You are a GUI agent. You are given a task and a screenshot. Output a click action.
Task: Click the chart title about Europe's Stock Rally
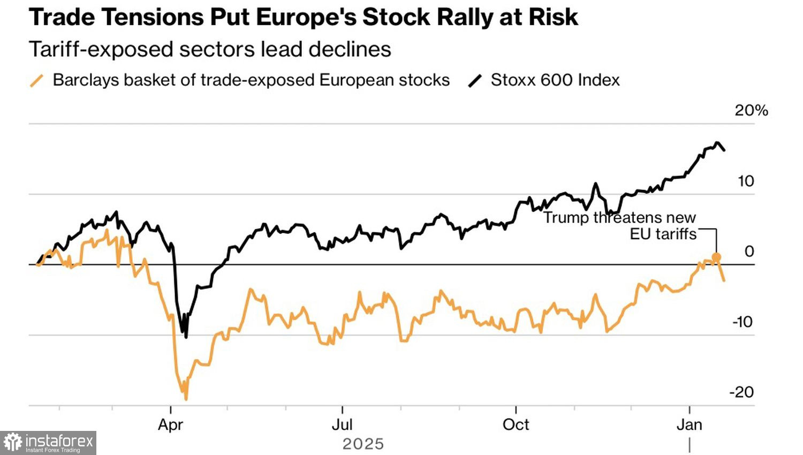pos(303,17)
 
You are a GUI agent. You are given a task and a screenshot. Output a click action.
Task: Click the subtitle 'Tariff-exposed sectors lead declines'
pos(209,49)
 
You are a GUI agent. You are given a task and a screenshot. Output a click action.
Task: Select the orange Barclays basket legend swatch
pos(36,81)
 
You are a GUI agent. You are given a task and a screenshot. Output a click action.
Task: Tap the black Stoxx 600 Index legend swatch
pos(475,81)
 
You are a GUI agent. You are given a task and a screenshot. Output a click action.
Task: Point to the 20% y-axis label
pos(751,110)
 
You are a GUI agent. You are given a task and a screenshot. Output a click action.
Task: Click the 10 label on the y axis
pos(745,181)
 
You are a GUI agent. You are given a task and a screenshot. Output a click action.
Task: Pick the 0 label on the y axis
pos(749,251)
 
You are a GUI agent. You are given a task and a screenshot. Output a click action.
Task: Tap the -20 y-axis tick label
pos(741,392)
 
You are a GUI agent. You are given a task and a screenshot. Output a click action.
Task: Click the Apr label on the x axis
pos(170,424)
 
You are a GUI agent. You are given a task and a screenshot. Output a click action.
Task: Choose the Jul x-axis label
pos(342,424)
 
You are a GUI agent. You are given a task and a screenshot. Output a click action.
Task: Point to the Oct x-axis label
pos(516,424)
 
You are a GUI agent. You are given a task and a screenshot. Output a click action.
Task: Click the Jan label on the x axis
pos(689,424)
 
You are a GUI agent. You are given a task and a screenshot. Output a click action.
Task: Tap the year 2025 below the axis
pos(363,444)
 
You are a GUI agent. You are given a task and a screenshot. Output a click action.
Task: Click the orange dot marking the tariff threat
pos(716,257)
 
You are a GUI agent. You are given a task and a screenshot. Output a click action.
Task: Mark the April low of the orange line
pos(186,399)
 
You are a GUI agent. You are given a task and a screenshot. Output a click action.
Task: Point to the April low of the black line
pos(186,337)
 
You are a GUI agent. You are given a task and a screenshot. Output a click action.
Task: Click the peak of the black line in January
pos(717,142)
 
